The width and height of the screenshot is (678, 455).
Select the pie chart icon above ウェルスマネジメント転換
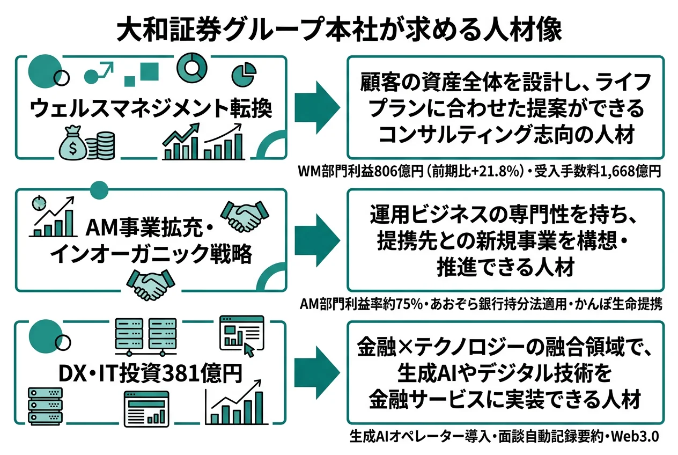tap(243, 75)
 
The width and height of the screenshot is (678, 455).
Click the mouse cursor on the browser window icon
tap(248, 349)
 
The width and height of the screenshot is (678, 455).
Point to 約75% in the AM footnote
tap(395, 305)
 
